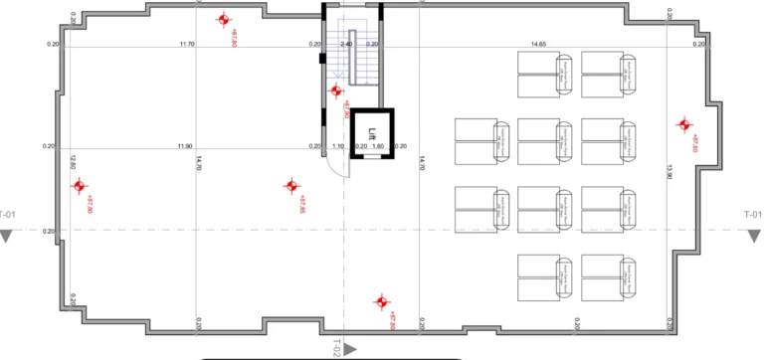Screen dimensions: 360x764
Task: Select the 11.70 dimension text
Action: click(187, 45)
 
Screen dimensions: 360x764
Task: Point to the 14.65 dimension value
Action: click(538, 45)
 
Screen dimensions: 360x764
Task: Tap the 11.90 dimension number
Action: click(184, 146)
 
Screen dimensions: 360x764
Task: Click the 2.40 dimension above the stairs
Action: click(346, 45)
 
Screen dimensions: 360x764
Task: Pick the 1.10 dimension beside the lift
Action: click(338, 146)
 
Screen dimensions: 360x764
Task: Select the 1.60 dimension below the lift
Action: click(378, 146)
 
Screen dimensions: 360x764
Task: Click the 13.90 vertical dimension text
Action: click(670, 171)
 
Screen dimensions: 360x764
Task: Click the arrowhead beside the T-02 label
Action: click(351, 347)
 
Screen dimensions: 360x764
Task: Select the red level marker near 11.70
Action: click(224, 19)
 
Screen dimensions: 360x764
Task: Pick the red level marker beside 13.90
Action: click(684, 124)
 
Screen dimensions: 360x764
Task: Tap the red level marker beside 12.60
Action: click(80, 186)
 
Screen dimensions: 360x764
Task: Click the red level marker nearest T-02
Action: click(380, 301)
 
